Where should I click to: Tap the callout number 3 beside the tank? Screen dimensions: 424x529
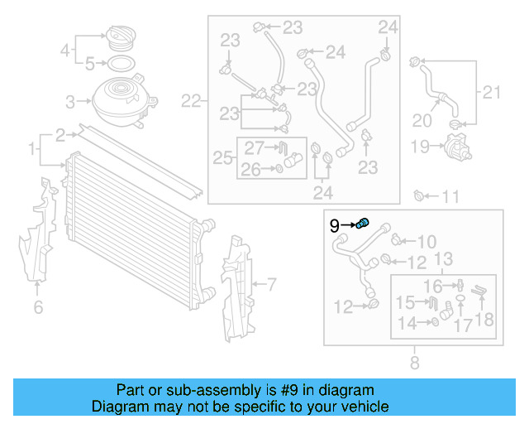pyautogui.click(x=70, y=102)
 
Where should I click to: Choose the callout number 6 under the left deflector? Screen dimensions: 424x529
pyautogui.click(x=38, y=308)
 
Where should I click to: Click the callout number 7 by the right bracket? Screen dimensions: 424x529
pyautogui.click(x=269, y=285)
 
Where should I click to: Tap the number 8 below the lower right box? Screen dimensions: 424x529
pyautogui.click(x=414, y=361)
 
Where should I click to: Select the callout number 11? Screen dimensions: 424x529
pyautogui.click(x=450, y=197)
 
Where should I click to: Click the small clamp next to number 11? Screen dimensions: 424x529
pyautogui.click(x=419, y=196)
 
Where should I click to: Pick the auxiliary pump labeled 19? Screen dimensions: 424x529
pyautogui.click(x=454, y=147)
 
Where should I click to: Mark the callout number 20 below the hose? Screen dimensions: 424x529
pyautogui.click(x=422, y=121)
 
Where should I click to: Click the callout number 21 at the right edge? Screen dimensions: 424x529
pyautogui.click(x=491, y=91)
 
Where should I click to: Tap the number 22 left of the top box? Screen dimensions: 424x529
pyautogui.click(x=191, y=102)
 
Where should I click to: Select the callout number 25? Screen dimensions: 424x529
pyautogui.click(x=222, y=157)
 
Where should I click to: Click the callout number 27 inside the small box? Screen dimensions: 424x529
pyautogui.click(x=253, y=148)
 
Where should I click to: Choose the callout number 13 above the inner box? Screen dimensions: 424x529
pyautogui.click(x=443, y=260)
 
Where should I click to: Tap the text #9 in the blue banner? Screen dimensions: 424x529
pyautogui.click(x=279, y=390)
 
